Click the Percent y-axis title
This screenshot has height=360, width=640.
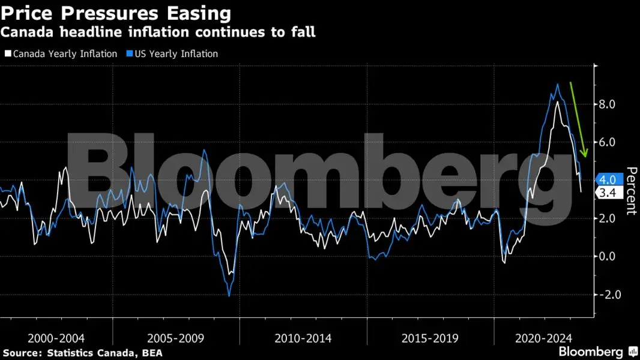[630, 191]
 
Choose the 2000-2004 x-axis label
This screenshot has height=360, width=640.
[58, 338]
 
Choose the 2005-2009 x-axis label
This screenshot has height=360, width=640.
[176, 338]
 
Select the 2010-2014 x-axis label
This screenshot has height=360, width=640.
[303, 338]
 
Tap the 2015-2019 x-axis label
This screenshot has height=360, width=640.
[430, 338]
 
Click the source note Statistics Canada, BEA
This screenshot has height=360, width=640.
[82, 353]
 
